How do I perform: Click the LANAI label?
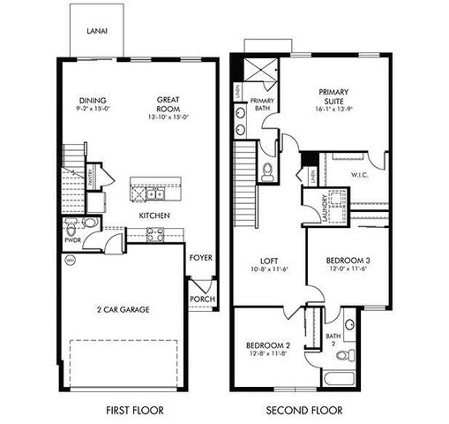(x=97, y=32)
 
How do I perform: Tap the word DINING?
(x=91, y=100)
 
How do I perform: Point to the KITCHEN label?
(x=154, y=216)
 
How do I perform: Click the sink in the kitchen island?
(x=153, y=193)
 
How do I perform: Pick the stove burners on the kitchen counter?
(x=155, y=234)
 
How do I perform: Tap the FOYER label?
(x=201, y=258)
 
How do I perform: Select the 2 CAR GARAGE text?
(x=123, y=309)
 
